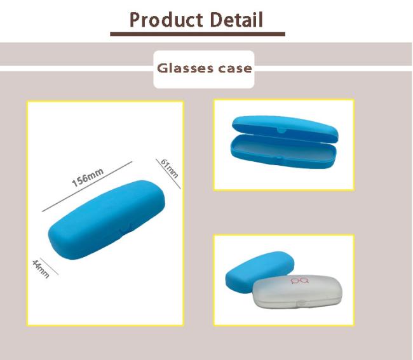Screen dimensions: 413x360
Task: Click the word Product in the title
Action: click(166, 20)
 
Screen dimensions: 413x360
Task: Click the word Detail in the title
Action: click(237, 20)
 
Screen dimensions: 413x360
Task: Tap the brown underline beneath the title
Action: click(198, 34)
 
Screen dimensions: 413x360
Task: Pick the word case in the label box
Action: click(235, 69)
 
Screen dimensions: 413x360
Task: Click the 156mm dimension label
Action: click(88, 177)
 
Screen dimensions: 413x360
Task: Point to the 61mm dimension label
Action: click(170, 168)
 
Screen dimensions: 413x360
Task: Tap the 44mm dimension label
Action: click(41, 269)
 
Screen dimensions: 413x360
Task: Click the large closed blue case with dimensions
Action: click(106, 220)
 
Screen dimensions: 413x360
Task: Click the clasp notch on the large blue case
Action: click(125, 229)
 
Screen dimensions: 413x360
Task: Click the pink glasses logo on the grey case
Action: click(299, 281)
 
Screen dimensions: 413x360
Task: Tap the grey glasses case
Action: click(297, 291)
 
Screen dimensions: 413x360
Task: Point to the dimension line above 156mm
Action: click(87, 187)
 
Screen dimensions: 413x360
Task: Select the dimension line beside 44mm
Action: click(49, 266)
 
